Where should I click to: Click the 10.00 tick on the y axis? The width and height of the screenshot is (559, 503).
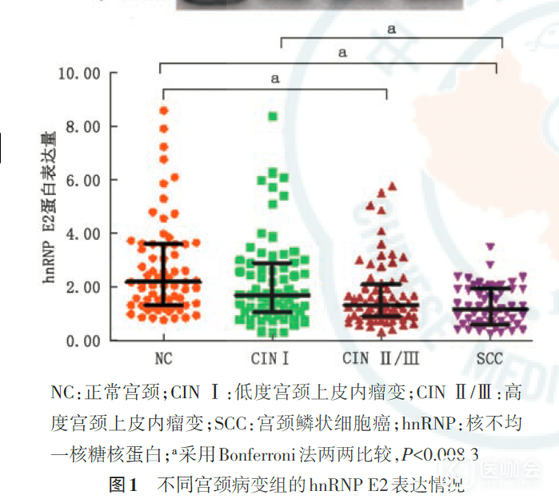[80, 74]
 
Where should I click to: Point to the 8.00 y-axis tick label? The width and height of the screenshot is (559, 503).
[83, 127]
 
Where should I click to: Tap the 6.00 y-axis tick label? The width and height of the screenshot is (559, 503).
[83, 181]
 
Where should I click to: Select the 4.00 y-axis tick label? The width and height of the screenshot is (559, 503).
[83, 234]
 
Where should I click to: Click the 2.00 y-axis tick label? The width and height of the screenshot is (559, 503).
[83, 287]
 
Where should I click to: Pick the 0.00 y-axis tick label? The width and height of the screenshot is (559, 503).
[83, 341]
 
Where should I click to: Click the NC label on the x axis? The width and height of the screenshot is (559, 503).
[163, 357]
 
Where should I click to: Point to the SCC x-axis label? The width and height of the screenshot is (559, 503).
[488, 357]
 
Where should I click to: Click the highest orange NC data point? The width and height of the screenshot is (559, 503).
[164, 110]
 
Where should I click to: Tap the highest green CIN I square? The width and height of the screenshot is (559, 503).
[273, 117]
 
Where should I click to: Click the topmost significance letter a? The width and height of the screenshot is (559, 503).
[392, 30]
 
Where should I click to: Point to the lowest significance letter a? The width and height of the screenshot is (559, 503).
[274, 78]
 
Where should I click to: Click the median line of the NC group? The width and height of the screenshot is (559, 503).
[163, 281]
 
